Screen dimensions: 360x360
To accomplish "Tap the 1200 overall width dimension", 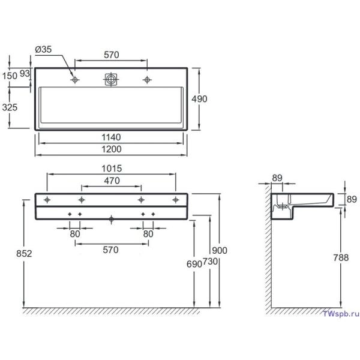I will [x=111, y=149].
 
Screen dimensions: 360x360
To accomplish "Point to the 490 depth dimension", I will [x=199, y=99].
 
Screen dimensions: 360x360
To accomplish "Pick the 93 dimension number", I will [x=25, y=73].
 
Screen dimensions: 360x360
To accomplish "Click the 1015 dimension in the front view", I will [x=112, y=169].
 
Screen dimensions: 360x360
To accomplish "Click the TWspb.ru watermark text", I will [x=340, y=314].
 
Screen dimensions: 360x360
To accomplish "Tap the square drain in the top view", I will [x=111, y=80].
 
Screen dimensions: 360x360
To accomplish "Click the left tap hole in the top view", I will [x=75, y=80].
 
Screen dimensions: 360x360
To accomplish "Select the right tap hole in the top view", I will [x=146, y=80].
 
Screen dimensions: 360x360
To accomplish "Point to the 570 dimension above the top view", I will [x=111, y=55].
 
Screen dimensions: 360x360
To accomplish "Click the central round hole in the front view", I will [x=111, y=219].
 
